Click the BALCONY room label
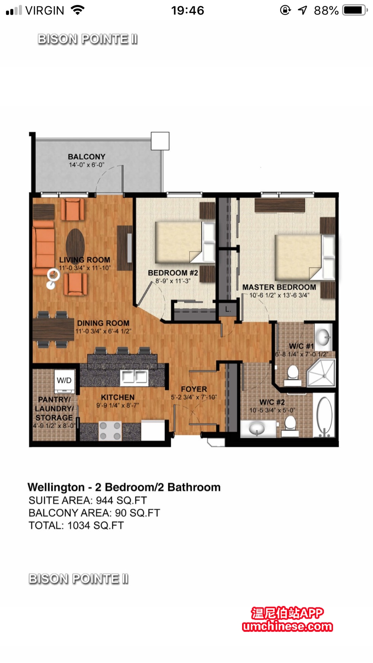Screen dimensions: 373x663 coord(86,157)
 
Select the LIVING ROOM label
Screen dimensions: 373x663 coord(84,260)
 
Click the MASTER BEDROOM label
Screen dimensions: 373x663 coord(279,287)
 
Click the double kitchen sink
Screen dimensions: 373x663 coord(134,377)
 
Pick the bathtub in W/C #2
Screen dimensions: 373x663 coord(324,416)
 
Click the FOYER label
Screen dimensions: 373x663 coord(194,389)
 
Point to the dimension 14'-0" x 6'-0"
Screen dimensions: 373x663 coord(86,165)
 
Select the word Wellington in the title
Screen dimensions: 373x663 coord(56,487)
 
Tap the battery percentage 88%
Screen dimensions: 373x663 coord(326,11)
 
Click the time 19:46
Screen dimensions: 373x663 coord(188,11)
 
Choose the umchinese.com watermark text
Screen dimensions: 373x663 coord(287,626)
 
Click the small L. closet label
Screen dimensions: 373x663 coord(228,309)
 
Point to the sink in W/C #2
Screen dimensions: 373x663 coord(257,428)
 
